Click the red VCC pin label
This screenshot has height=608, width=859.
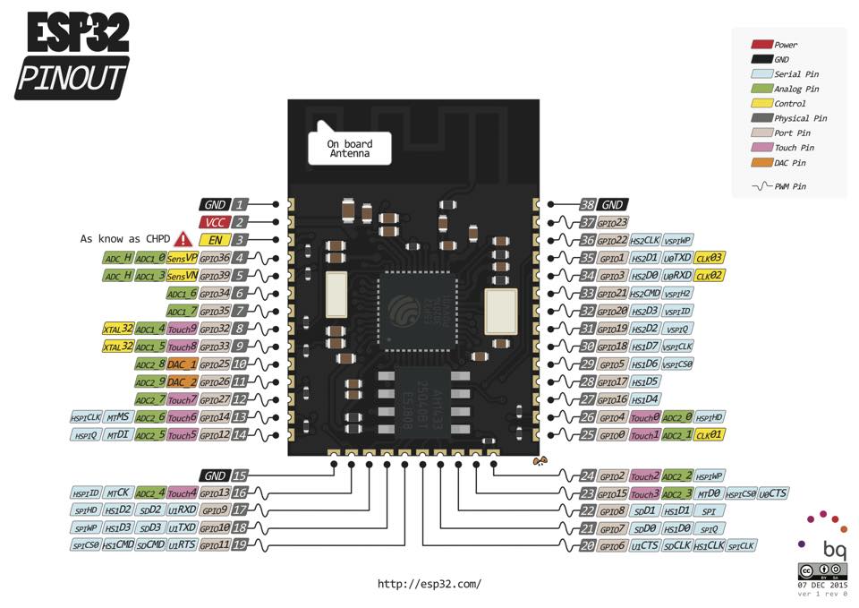[216, 222]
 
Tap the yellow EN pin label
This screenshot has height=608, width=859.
[216, 240]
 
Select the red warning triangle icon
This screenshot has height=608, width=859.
[183, 239]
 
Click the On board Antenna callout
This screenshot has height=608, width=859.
[349, 149]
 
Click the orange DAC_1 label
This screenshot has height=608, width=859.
[182, 364]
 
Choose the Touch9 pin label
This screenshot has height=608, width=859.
[182, 329]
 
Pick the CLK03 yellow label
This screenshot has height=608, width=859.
[710, 258]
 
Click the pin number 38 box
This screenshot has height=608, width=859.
[587, 205]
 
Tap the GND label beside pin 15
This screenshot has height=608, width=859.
[216, 476]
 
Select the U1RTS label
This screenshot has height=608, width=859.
[182, 544]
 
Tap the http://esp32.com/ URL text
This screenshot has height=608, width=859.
[429, 584]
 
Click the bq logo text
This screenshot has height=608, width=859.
[834, 548]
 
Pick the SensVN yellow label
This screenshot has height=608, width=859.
[182, 276]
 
